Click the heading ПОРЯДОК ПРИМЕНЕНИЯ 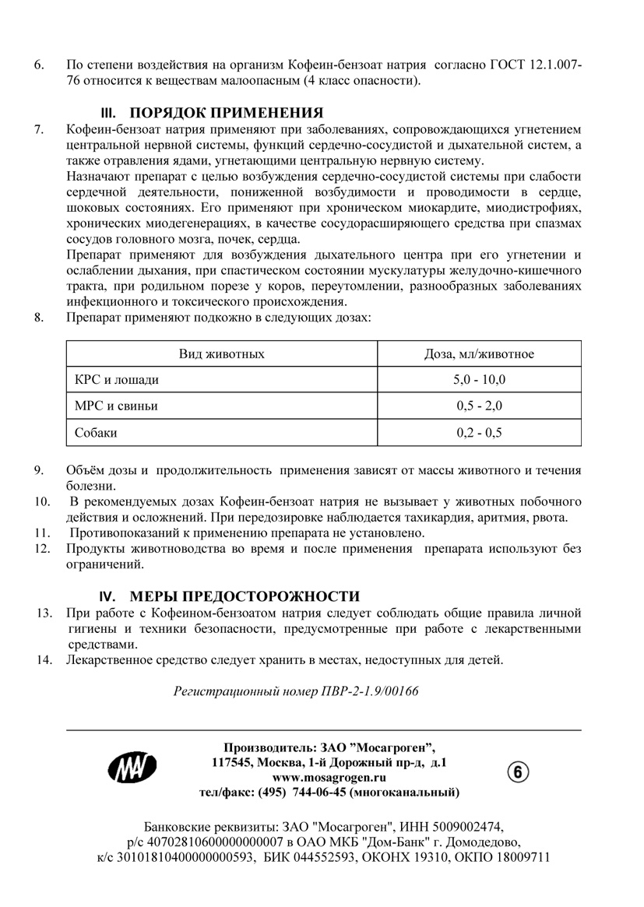point(226,111)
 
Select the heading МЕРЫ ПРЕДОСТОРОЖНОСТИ point(244,597)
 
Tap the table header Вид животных point(222,354)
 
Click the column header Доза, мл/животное point(479,354)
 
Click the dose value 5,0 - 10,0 point(479,380)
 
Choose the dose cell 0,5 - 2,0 point(479,406)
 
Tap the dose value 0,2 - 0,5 point(479,432)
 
